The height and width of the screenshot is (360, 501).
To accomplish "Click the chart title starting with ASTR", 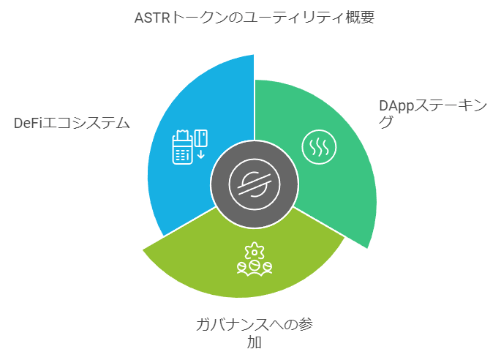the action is [x=255, y=18].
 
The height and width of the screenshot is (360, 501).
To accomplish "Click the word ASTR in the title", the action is [x=152, y=18].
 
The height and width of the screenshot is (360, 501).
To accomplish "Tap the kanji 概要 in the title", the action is [x=360, y=18].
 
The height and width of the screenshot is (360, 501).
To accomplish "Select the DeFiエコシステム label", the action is [x=72, y=124].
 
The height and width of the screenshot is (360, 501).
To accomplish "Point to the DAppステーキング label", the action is [x=433, y=113].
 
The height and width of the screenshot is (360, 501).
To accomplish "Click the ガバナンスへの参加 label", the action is [x=255, y=333].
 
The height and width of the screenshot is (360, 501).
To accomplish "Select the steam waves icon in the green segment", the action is [x=319, y=147].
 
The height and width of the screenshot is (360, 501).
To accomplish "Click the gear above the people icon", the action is [x=255, y=251].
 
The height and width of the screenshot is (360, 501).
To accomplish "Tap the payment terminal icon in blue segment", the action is [x=182, y=148].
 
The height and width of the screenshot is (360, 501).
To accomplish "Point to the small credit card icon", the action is [x=201, y=138].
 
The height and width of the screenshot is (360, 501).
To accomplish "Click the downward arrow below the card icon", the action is [x=200, y=154].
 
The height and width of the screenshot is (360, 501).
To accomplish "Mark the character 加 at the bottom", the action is [x=255, y=342].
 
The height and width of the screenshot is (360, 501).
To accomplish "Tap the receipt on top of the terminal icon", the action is [x=182, y=135].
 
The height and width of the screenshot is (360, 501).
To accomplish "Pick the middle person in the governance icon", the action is [x=255, y=268].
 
